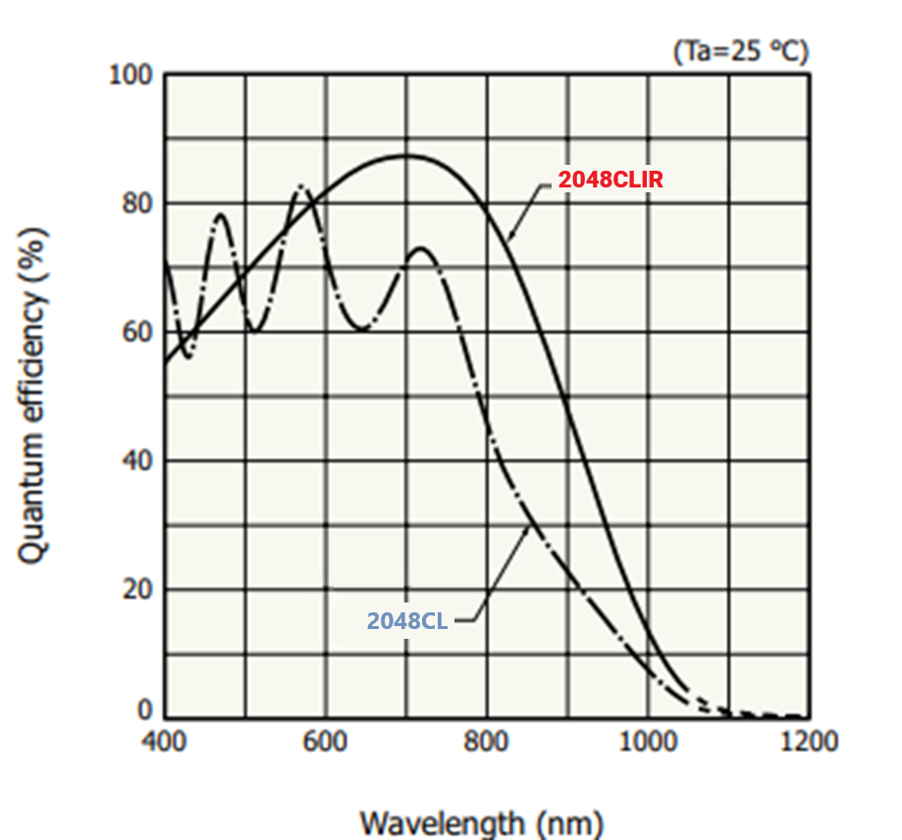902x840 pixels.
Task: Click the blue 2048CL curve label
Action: (x=407, y=620)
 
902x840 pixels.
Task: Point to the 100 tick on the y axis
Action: (x=131, y=76)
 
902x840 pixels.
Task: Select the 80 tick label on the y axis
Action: (x=136, y=204)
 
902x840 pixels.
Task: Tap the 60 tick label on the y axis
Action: (x=136, y=333)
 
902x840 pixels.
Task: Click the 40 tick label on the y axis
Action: (x=136, y=461)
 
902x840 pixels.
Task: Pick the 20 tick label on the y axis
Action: (x=136, y=590)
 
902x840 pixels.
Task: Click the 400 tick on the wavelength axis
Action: (x=164, y=741)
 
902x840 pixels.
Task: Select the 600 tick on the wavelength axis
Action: (x=325, y=741)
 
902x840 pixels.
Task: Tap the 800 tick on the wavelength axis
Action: (x=486, y=741)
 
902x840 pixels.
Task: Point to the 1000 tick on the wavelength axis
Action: (x=647, y=741)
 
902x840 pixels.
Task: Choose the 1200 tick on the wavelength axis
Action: (x=807, y=741)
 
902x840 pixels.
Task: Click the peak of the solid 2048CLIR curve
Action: (x=404, y=156)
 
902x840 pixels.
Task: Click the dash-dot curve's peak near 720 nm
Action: (x=421, y=247)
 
